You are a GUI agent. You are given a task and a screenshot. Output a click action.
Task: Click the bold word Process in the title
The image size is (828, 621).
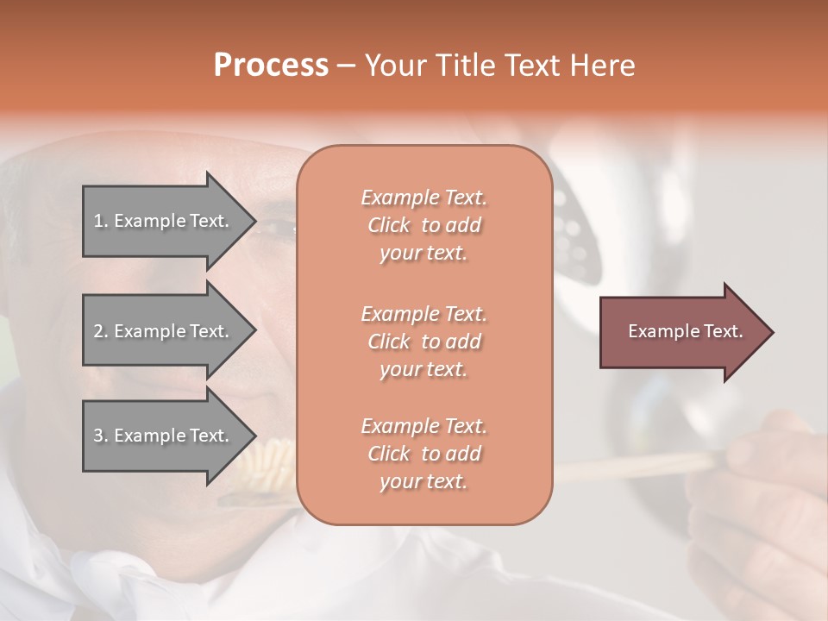pyautogui.click(x=271, y=66)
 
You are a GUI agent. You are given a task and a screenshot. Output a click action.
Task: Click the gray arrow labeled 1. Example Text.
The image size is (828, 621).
pyautogui.click(x=164, y=221)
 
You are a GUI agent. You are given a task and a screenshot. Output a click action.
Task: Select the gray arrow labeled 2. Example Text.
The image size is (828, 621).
pyautogui.click(x=164, y=331)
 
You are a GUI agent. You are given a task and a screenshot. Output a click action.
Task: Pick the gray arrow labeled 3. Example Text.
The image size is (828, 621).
pyautogui.click(x=164, y=436)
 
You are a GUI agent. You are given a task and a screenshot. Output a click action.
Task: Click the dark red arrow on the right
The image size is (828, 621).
pyautogui.click(x=681, y=331)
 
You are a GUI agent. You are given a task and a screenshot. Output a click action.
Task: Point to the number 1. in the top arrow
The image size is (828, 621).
pyautogui.click(x=101, y=221)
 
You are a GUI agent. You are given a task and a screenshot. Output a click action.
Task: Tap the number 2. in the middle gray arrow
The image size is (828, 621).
pyautogui.click(x=101, y=331)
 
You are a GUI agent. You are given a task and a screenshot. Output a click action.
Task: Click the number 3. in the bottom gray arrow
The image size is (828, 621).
pyautogui.click(x=101, y=436)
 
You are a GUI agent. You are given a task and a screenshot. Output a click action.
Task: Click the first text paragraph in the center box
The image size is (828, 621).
pyautogui.click(x=424, y=225)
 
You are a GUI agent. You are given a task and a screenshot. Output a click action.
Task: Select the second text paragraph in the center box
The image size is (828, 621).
pyautogui.click(x=424, y=341)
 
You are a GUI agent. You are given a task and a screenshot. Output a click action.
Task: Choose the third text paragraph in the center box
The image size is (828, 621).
pyautogui.click(x=424, y=454)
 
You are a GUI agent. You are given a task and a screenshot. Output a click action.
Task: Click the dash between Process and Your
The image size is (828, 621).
pyautogui.click(x=347, y=66)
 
